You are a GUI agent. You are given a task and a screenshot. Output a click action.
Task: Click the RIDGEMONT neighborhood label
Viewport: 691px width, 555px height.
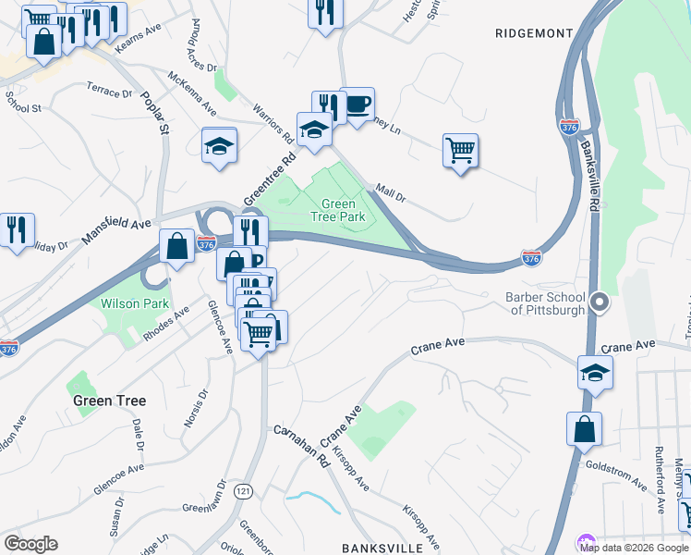pos(534,33)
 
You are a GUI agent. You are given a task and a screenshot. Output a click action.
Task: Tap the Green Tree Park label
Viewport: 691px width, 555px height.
pos(338,211)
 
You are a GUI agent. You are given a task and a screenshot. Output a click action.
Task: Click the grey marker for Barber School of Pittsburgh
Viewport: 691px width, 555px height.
pos(600,302)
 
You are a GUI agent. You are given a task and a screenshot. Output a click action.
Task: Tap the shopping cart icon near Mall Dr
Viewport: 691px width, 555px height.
pos(460,148)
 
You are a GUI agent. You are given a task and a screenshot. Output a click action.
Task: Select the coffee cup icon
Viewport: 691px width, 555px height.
pos(357,104)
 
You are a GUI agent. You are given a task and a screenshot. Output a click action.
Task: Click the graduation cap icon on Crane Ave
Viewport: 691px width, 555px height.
pos(595,373)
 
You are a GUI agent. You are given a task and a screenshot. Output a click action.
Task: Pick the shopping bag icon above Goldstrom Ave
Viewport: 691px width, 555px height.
pos(584,429)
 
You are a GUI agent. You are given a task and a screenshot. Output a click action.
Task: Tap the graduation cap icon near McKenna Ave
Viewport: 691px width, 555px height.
pos(220,145)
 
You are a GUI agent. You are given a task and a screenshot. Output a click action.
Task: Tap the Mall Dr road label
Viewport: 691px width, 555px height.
pos(391,196)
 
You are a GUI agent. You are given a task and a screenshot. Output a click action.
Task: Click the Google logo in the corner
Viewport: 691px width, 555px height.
pos(30,544)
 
